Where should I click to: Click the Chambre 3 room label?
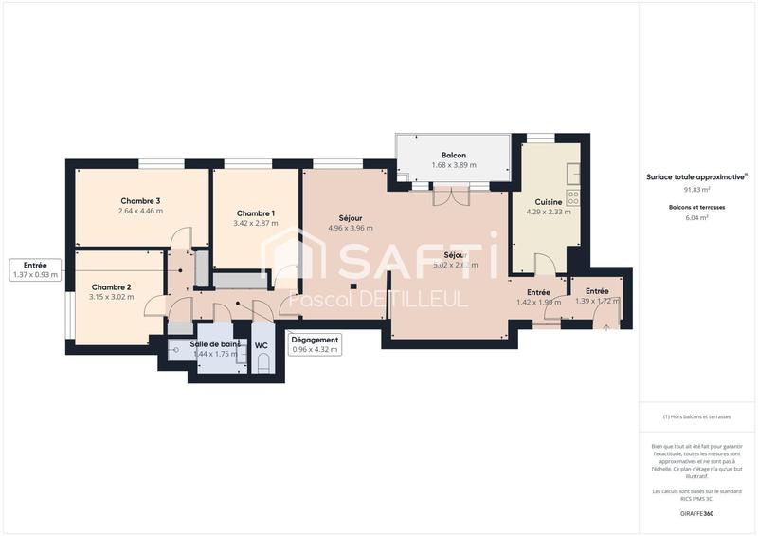140,200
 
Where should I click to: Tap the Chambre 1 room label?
256,213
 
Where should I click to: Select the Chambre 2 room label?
111,286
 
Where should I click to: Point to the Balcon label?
454,155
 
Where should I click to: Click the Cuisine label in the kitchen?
549,202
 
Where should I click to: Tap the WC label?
260,344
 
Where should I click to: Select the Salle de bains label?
214,344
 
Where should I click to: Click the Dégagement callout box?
315,344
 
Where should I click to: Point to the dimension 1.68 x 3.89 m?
454,165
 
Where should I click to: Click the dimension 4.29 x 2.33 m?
549,212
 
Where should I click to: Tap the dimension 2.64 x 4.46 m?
140,211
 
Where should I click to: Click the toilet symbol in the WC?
264,365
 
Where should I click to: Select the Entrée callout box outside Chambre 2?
36,269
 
